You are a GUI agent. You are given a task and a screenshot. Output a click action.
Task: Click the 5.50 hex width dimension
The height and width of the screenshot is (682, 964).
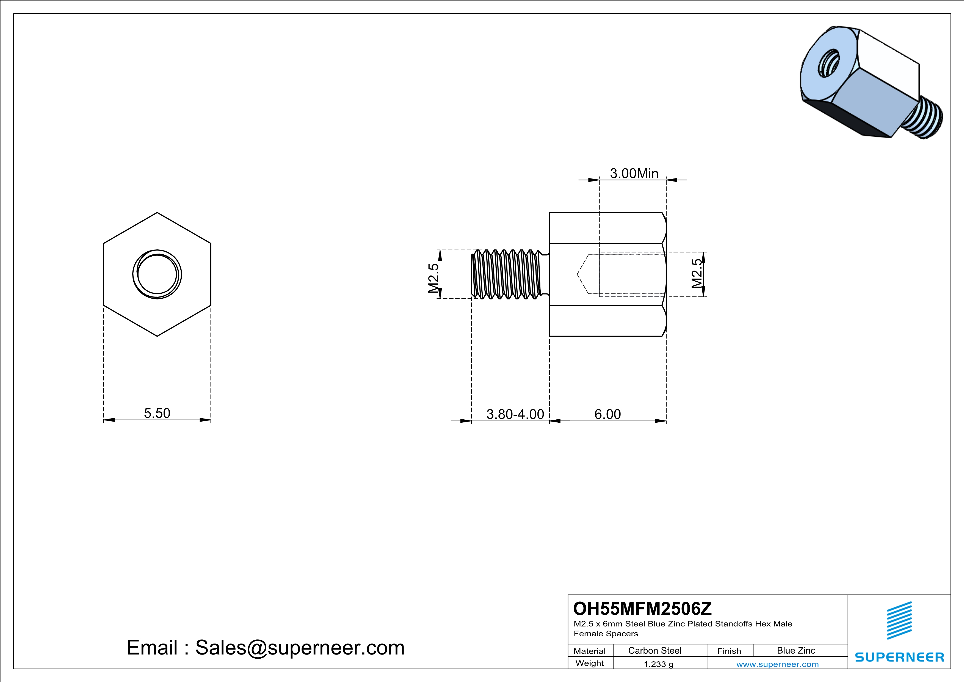[x=157, y=413]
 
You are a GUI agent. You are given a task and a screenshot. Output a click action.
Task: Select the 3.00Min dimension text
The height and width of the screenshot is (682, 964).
[x=634, y=174]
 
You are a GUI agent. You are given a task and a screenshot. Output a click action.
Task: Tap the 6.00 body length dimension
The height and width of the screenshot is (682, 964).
[x=607, y=414]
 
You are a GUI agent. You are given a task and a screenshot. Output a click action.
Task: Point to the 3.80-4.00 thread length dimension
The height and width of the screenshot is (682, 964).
[x=515, y=414]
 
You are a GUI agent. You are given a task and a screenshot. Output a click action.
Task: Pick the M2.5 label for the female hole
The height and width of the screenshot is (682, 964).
[x=697, y=273]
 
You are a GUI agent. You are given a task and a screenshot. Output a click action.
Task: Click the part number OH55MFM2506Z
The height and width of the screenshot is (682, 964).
[x=642, y=609]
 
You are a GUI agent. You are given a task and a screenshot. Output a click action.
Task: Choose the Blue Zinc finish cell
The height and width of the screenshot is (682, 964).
[x=796, y=650]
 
